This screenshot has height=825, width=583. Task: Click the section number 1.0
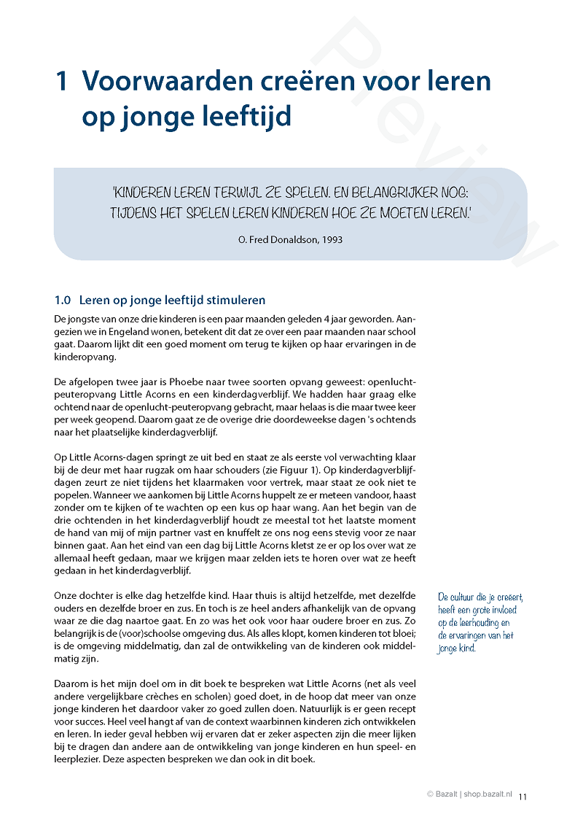click(63, 300)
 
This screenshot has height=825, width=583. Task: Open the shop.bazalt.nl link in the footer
click(489, 795)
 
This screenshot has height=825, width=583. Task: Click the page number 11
click(523, 797)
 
